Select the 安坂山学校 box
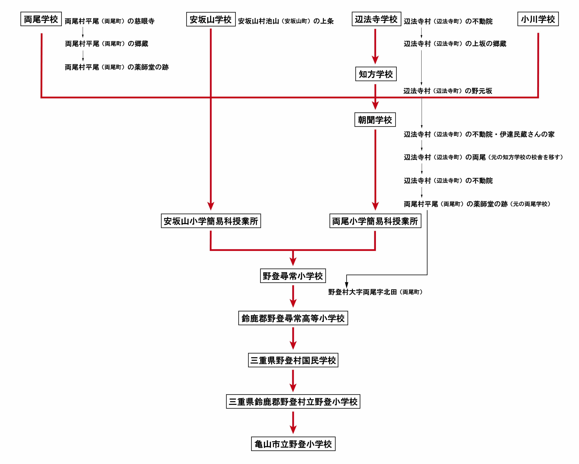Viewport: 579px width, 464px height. pyautogui.click(x=211, y=19)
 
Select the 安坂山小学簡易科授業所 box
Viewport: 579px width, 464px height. pyautogui.click(x=211, y=221)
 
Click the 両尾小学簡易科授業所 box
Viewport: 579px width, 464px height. pyautogui.click(x=375, y=221)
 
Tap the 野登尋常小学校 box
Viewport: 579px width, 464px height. pyautogui.click(x=293, y=276)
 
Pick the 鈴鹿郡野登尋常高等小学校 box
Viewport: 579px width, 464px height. pyautogui.click(x=293, y=318)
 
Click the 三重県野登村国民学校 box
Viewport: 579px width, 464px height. pyautogui.click(x=293, y=360)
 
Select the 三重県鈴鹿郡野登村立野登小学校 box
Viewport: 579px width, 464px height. pyautogui.click(x=293, y=402)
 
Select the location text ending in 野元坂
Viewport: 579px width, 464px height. pyautogui.click(x=448, y=91)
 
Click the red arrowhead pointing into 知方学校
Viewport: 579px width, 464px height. pyautogui.click(x=375, y=60)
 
